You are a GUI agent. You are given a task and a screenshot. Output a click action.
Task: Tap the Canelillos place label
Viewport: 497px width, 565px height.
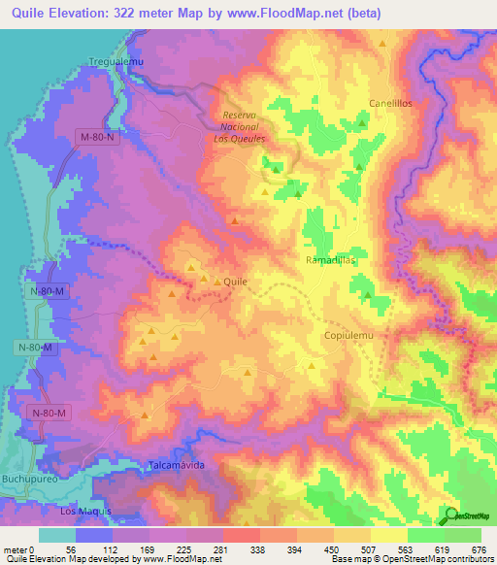pyautogui.click(x=390, y=103)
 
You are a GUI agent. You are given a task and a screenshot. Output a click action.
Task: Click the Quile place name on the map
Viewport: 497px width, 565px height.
pyautogui.click(x=236, y=281)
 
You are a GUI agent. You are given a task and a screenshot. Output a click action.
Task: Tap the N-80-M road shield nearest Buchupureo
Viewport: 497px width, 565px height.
pyautogui.click(x=49, y=414)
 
